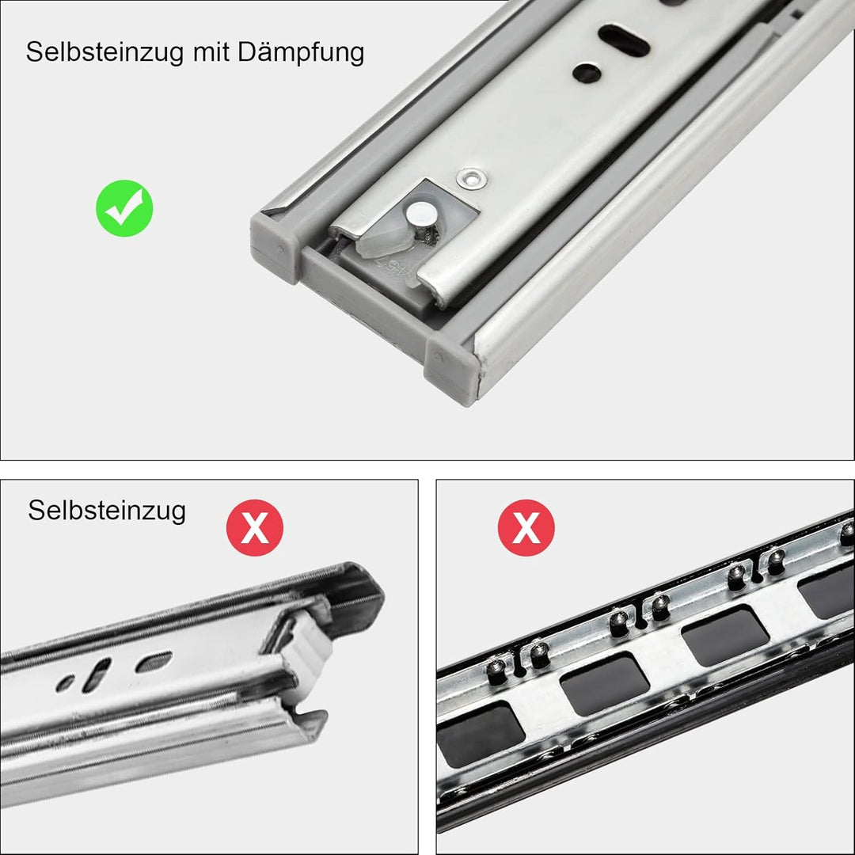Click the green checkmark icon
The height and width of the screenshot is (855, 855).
point(124,208)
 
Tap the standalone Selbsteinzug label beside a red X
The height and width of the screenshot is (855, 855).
point(107,510)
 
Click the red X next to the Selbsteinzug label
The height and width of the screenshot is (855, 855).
point(255,527)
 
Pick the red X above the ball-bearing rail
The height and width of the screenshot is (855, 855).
point(526,527)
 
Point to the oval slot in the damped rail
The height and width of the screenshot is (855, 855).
point(624,40)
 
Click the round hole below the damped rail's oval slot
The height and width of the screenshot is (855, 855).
point(587,74)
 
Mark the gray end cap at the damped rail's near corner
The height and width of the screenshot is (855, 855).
point(452,369)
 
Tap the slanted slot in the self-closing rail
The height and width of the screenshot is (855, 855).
point(98,674)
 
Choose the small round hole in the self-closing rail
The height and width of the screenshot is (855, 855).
point(66,682)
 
